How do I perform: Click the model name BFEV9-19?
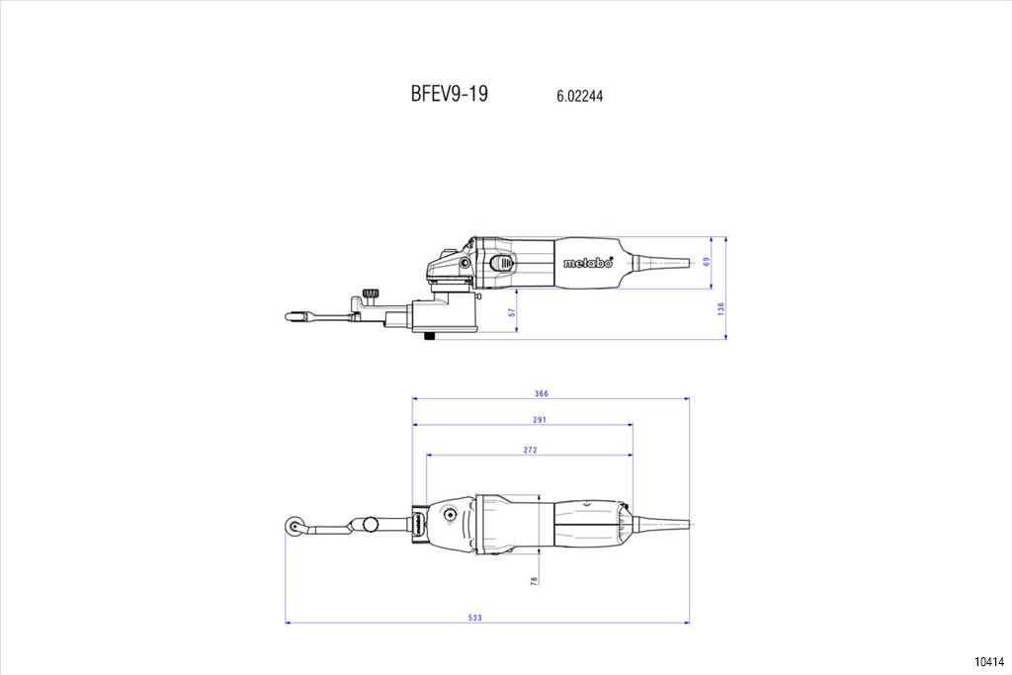450,94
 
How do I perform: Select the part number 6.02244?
579,96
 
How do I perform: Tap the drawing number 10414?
989,661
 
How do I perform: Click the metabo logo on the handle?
587,262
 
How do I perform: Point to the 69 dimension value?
706,261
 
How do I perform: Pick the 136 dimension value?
720,308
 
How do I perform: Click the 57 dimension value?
512,312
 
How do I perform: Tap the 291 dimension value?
540,420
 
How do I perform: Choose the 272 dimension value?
530,450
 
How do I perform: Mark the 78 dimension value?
534,581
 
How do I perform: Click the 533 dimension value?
475,618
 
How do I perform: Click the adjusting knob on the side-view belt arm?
370,295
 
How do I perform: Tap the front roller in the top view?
293,527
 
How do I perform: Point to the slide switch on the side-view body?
503,262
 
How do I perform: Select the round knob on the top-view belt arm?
371,524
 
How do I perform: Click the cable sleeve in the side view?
659,262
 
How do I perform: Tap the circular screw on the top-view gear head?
448,514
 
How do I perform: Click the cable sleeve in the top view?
660,523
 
